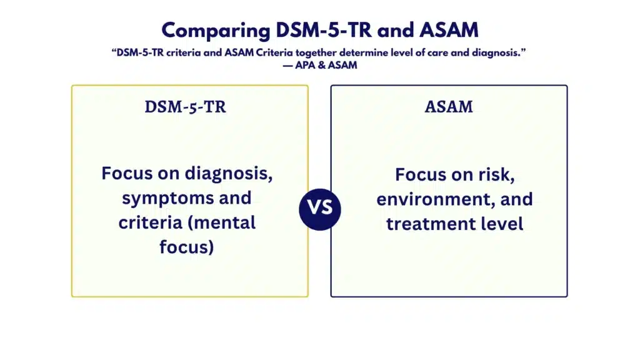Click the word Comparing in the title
pos(216,31)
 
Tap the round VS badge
pos(319,209)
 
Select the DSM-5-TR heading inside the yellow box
pos(185,107)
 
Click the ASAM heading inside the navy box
pos(449,107)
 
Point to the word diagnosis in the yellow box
pos(229,174)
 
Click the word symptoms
pos(167,199)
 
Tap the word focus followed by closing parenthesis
pos(186,247)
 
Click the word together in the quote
pos(316,53)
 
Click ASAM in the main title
pos(449,31)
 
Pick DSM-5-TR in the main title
pos(324,31)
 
